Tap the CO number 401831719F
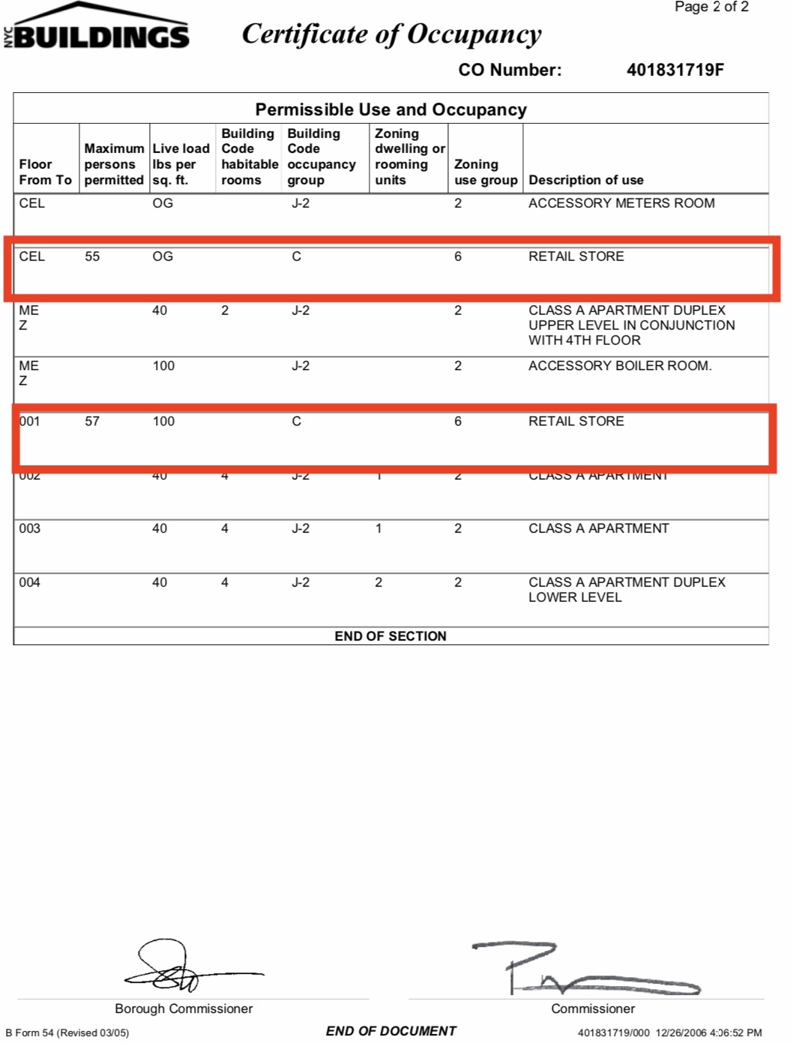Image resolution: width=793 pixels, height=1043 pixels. click(675, 70)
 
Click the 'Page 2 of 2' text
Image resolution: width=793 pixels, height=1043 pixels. click(711, 7)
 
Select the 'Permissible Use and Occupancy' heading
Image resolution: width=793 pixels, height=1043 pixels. click(391, 109)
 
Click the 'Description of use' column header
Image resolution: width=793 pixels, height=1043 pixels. click(585, 180)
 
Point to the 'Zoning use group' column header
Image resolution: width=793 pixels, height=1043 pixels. click(485, 172)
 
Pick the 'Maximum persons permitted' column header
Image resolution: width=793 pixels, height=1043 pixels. click(114, 164)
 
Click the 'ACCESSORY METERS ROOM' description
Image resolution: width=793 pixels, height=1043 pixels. click(621, 203)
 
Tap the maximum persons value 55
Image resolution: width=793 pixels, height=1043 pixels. click(92, 256)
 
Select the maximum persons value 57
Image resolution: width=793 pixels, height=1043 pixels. click(92, 421)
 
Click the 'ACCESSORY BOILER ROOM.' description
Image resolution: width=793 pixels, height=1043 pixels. click(620, 366)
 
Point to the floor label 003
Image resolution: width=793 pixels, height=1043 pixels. click(30, 528)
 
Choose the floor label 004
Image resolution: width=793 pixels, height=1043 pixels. click(30, 582)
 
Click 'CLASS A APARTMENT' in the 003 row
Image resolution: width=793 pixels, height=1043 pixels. click(598, 528)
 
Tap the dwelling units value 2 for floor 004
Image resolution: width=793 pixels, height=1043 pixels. click(379, 582)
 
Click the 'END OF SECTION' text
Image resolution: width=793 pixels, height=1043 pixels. click(390, 636)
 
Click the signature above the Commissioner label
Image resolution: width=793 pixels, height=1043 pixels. click(585, 970)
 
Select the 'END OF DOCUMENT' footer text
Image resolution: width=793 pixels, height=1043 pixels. click(391, 1031)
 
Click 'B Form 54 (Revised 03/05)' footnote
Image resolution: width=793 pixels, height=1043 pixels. click(67, 1033)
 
